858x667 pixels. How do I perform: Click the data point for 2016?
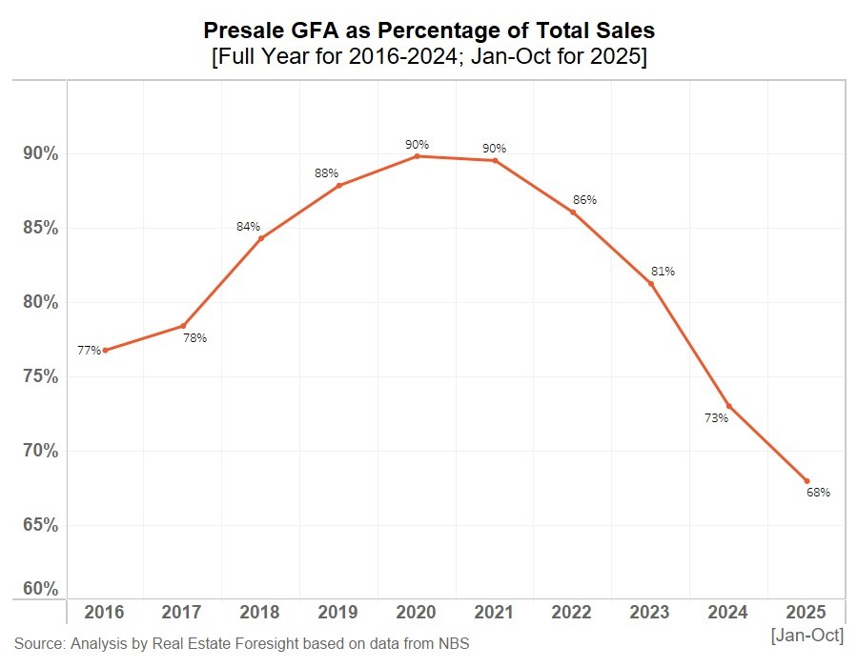pos(105,351)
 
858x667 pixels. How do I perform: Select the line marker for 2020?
pos(418,156)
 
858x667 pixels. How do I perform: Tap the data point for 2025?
pos(807,481)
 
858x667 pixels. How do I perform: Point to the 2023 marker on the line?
pos(651,284)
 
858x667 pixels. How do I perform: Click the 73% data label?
pos(717,418)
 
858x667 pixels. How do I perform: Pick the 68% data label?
pos(819,493)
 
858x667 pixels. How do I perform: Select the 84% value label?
pos(248,227)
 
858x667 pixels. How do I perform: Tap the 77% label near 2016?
pos(89,351)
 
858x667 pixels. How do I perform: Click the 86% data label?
pos(584,200)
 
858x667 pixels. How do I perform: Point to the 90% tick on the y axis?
pos(41,154)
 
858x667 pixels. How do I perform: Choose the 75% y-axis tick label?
pos(41,376)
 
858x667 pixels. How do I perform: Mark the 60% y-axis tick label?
pos(41,589)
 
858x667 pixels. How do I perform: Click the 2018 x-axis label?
pos(260,611)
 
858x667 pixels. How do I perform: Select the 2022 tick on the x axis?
pos(573,611)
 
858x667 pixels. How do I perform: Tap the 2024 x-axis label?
pos(729,611)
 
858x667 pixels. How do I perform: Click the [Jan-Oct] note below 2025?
pos(807,635)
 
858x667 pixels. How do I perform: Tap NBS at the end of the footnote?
pos(454,644)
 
